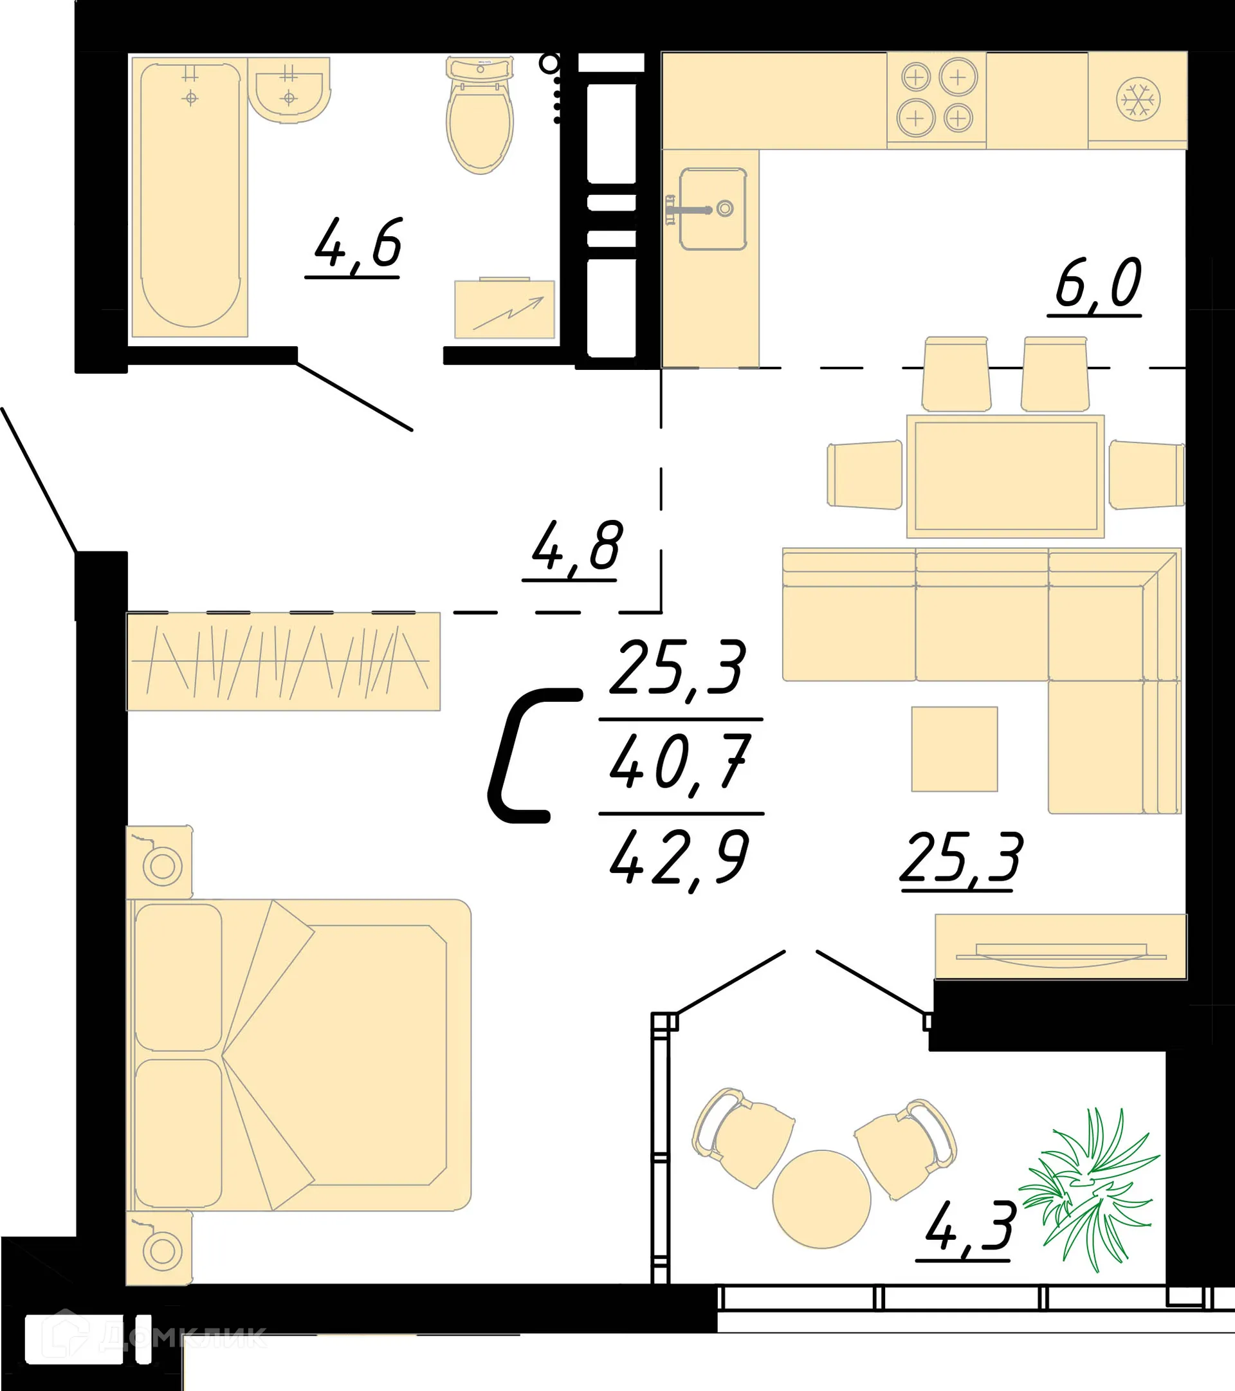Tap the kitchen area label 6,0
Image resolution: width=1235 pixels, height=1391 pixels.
tap(1097, 284)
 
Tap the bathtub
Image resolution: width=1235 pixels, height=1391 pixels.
tap(190, 198)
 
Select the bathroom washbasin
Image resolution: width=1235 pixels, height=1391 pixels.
tap(289, 89)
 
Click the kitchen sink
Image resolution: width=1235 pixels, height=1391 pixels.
tap(713, 209)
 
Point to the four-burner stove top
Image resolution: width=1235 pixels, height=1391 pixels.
tap(937, 99)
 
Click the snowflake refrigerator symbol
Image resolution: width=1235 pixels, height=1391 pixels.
tap(1138, 100)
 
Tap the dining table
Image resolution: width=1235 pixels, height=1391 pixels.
tap(1005, 475)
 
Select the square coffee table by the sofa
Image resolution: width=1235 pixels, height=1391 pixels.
tap(954, 749)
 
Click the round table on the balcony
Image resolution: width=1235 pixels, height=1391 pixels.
tap(821, 1199)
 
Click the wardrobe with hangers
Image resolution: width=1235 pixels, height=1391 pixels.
tap(283, 661)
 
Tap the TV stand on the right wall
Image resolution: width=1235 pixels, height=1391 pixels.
tap(1060, 946)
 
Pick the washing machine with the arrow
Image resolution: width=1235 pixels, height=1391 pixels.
tap(504, 309)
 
